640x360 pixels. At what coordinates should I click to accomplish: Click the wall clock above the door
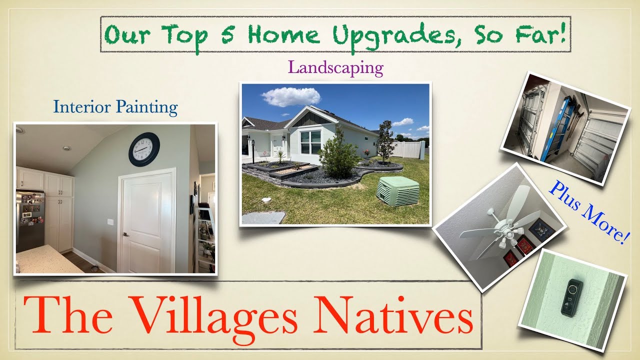144,149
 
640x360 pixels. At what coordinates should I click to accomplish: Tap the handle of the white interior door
125,234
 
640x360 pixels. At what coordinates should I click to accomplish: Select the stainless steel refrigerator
29,219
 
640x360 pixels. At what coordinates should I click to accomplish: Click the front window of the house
311,142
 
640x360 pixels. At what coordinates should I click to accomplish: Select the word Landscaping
335,67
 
